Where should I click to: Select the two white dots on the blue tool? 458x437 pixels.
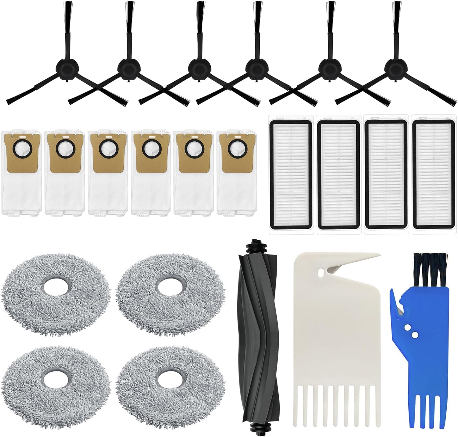point(410,331)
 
